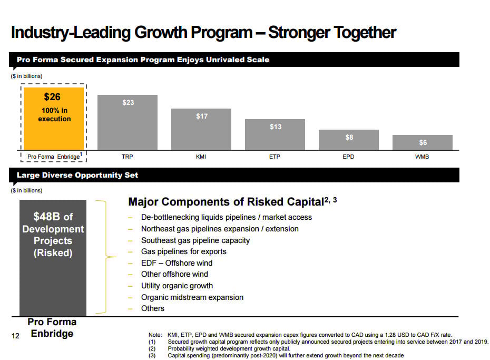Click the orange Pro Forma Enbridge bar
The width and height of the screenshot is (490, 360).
point(54,118)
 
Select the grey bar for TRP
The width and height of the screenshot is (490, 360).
point(128,122)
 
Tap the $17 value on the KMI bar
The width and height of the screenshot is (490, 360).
point(202,116)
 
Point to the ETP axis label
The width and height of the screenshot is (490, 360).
point(275,157)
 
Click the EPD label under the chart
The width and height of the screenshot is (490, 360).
point(348,157)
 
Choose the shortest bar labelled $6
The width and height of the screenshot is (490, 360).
point(423,142)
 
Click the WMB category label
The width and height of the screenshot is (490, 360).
point(422,157)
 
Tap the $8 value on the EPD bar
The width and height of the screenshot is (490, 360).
point(349,137)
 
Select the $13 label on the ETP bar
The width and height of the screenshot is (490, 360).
point(276,127)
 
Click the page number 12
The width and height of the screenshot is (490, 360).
point(15,335)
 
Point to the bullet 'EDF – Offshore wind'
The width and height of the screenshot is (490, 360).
point(177,263)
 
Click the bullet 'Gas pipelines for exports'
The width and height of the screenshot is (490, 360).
point(183,251)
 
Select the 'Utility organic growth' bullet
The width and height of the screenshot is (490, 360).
point(177,286)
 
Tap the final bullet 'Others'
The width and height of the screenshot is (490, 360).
point(153,308)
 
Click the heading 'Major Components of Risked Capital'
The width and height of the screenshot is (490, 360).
point(226,202)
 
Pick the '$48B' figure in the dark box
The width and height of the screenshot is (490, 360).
point(47,217)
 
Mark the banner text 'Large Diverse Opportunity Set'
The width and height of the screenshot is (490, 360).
point(77,175)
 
